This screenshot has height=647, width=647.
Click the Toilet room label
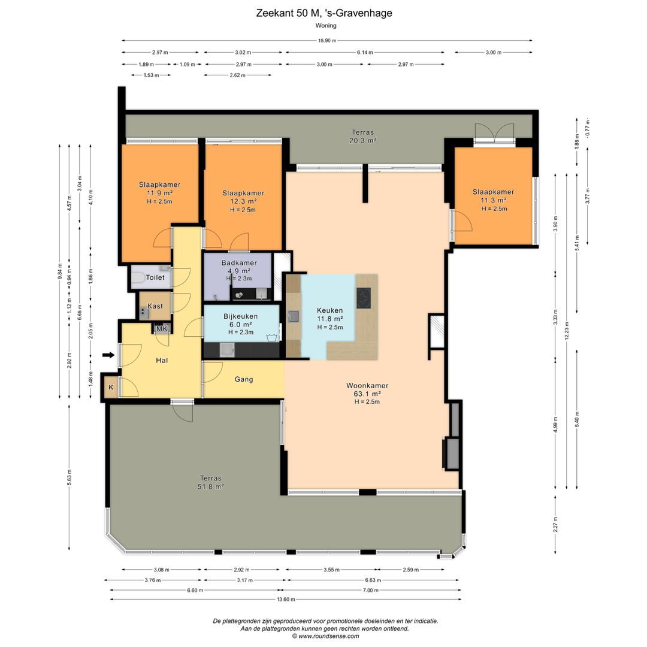155,277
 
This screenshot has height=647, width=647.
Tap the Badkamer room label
239,263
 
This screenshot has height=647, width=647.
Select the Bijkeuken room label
241,316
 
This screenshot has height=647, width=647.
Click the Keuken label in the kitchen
329,310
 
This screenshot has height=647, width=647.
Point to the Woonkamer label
367,386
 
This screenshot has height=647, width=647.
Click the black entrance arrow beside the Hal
108,355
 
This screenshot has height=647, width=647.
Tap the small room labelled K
111,388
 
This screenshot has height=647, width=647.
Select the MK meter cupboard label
162,329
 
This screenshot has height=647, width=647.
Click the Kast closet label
155,306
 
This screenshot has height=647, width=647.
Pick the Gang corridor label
244,379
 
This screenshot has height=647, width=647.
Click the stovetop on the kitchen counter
364,298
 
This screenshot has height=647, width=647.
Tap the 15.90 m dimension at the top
327,41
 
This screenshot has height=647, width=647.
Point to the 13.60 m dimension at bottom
286,599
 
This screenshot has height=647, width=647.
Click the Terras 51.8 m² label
210,482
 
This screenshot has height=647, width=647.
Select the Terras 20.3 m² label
363,136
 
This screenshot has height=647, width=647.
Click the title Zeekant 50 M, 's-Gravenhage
324,13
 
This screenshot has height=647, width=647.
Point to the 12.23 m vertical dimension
567,330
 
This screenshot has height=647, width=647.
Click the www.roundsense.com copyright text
325,636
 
